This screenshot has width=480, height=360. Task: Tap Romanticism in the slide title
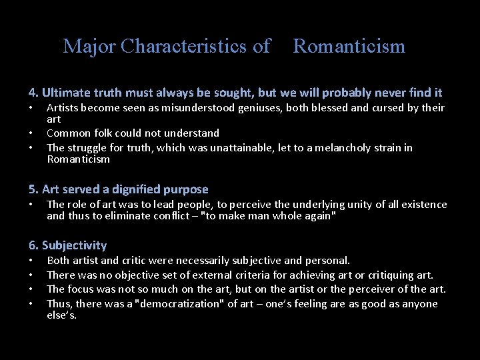point(349,46)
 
